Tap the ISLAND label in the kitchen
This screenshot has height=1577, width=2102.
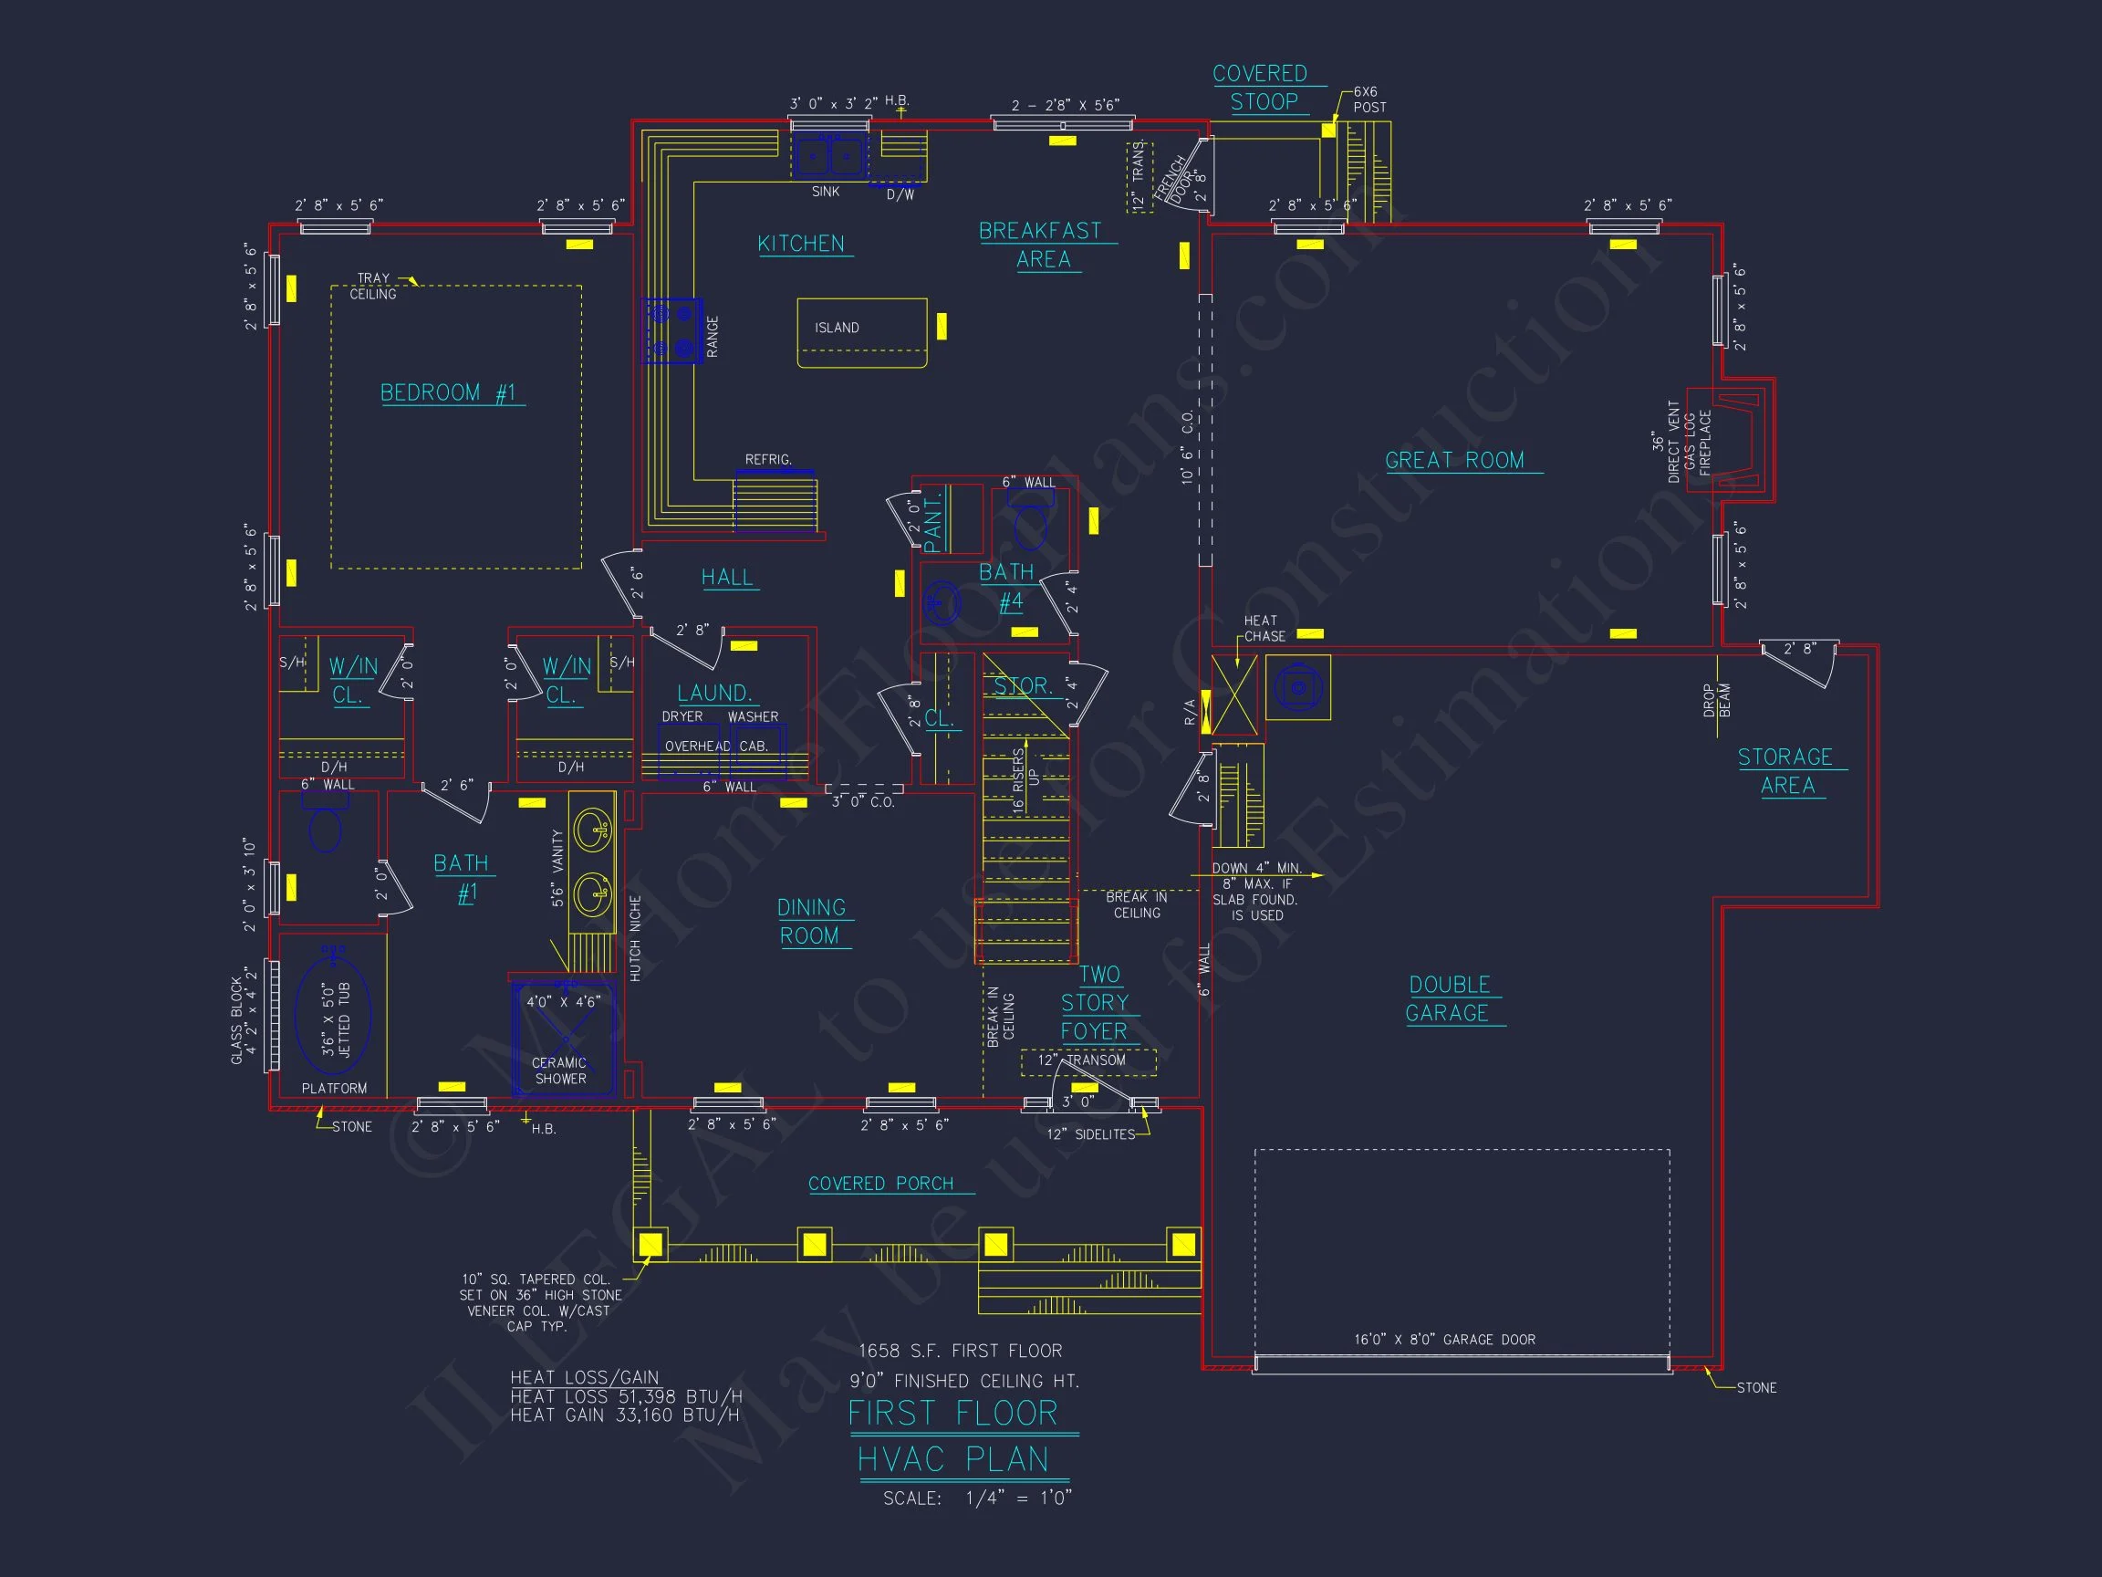[837, 328]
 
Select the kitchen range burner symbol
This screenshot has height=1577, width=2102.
[672, 330]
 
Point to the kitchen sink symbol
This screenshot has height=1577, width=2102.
[829, 157]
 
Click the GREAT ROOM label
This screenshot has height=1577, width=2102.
[1454, 461]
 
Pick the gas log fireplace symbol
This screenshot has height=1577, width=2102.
[1724, 440]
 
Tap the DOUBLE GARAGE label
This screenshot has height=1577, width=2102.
[1449, 999]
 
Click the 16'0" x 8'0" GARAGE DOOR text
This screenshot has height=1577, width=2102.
[1444, 1340]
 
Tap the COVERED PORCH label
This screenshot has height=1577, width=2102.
[881, 1184]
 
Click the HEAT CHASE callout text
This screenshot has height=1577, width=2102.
[1264, 628]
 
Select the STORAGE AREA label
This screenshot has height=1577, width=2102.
[1785, 771]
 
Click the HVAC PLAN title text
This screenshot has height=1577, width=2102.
[953, 1459]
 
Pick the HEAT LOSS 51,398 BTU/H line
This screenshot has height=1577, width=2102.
[625, 1396]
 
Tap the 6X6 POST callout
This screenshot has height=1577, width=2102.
[1368, 99]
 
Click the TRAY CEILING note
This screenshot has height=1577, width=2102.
[372, 287]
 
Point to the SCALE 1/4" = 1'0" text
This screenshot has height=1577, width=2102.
[977, 1499]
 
